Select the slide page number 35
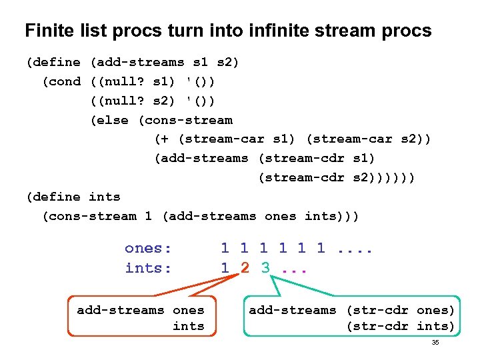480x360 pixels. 435,342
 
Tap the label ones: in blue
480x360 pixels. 148,249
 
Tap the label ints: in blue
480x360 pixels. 148,268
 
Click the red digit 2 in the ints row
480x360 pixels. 245,268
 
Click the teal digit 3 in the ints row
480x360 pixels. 265,268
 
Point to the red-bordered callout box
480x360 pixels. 141,317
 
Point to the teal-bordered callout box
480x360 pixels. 351,317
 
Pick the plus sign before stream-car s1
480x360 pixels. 164,139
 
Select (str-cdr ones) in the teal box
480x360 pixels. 400,310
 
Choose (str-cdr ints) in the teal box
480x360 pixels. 400,326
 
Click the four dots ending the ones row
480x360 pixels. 355,249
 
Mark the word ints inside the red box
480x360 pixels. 189,326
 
